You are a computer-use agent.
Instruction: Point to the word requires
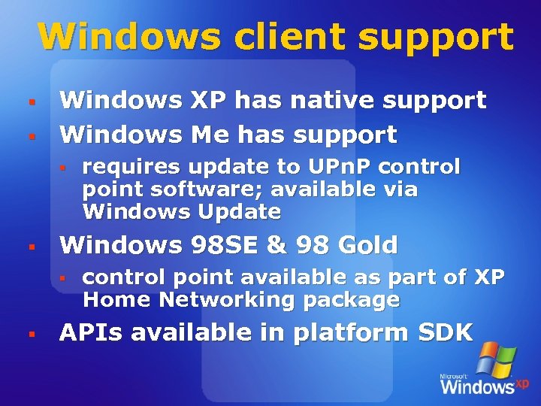point(131,166)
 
